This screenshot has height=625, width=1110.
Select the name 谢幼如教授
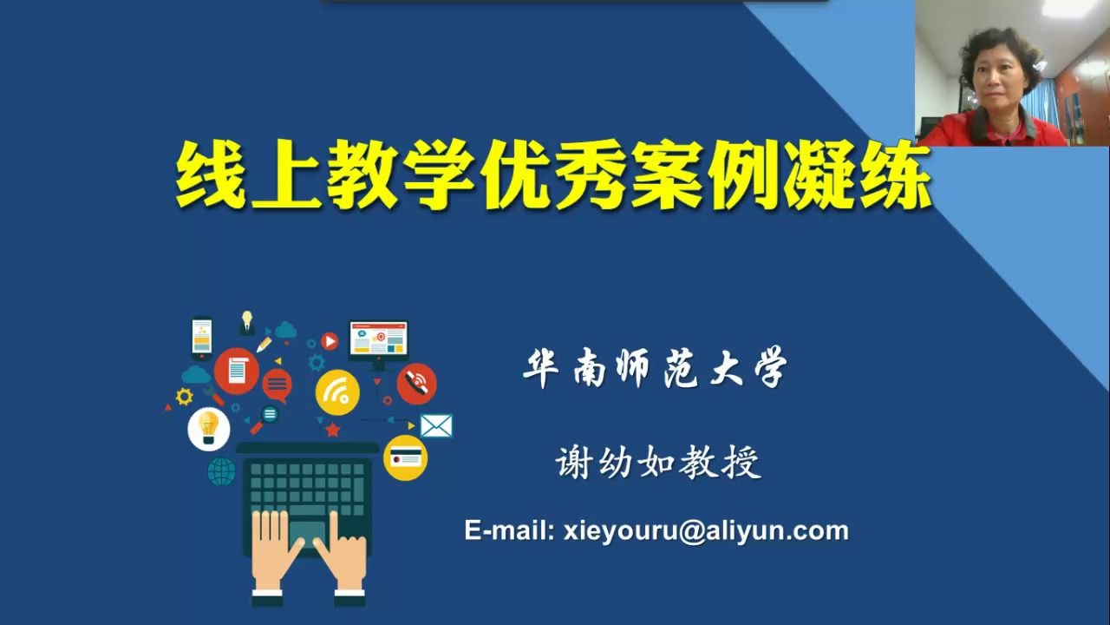coord(658,463)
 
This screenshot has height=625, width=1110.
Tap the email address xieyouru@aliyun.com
coord(705,530)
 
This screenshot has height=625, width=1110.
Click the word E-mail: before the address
coord(509,530)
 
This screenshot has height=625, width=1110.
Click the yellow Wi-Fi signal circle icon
coord(336,392)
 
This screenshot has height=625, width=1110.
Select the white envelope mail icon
coord(436,425)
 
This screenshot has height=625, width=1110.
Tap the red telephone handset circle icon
coord(417,383)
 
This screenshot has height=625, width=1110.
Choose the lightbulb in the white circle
coord(208,428)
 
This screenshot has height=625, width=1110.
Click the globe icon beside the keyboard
coord(221,471)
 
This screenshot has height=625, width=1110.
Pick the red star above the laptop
coord(332,429)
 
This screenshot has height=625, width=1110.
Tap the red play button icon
coord(330,340)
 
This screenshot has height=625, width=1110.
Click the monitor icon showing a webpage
coord(378,340)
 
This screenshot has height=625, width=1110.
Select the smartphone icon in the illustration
coord(202,336)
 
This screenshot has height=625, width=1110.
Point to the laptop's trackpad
coord(307,530)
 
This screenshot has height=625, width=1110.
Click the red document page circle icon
coord(237,371)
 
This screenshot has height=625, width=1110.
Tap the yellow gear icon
coord(184,397)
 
